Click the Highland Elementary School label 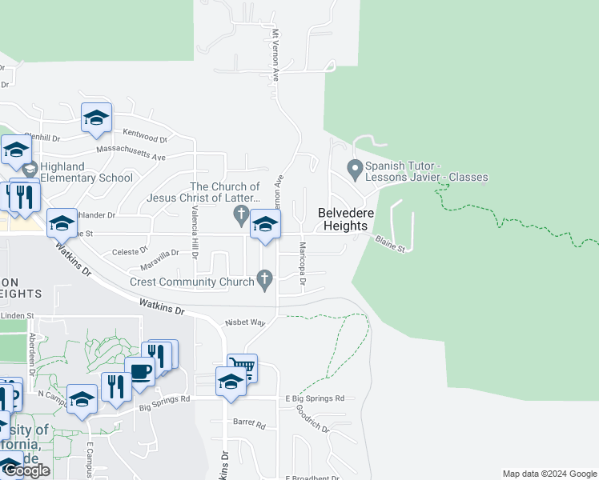[86, 172]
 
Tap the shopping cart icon [243, 367]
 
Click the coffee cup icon [140, 371]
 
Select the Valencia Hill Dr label [194, 227]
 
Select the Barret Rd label [248, 422]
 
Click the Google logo [26, 470]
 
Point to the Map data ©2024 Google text [549, 474]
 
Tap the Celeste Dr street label [126, 251]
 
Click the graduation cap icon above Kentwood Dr [96, 118]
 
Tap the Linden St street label [17, 316]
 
